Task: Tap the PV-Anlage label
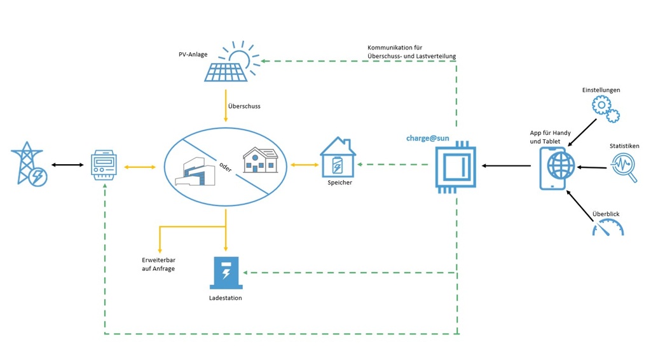(193, 55)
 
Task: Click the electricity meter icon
(103, 167)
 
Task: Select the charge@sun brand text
(427, 137)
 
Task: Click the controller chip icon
(455, 167)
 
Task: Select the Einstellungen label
(601, 90)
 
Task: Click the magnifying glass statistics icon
(624, 168)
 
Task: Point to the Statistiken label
(624, 146)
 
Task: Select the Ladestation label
(226, 298)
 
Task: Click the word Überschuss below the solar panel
(244, 106)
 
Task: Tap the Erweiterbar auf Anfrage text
(158, 265)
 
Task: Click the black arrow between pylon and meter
(67, 165)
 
